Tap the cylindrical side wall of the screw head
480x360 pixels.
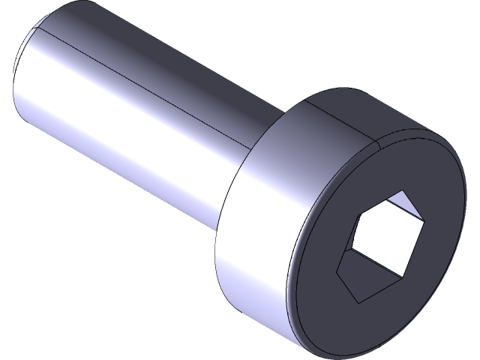[x=255, y=247]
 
